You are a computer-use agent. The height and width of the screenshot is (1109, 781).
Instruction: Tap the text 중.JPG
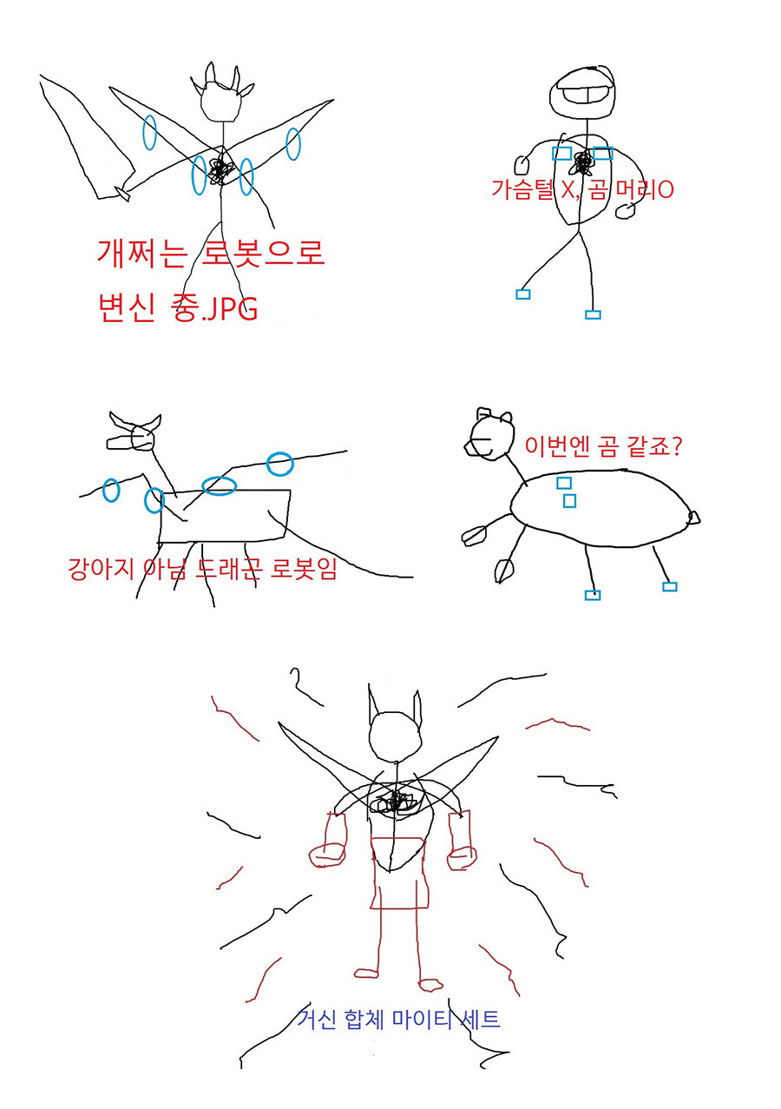pyautogui.click(x=217, y=307)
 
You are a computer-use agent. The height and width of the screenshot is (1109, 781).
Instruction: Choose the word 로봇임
pyautogui.click(x=305, y=571)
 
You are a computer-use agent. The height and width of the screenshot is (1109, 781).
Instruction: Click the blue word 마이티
pyautogui.click(x=400, y=1019)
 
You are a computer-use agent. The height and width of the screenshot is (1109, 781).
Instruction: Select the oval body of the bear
pyautogui.click(x=599, y=509)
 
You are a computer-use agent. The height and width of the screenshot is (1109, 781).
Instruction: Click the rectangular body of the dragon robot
pyautogui.click(x=226, y=517)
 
